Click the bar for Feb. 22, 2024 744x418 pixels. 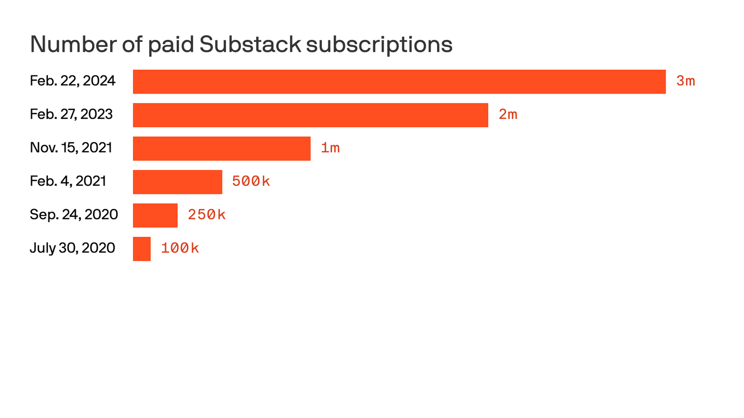point(399,82)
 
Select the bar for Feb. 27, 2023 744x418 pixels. point(310,115)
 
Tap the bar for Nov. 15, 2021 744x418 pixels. point(222,149)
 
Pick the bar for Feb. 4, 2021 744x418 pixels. point(177,182)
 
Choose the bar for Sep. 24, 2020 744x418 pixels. point(155,215)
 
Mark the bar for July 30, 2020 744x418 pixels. point(142,249)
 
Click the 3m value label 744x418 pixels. point(685,81)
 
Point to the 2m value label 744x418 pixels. point(508,115)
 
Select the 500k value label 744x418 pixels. point(251,182)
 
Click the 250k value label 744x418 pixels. point(207,215)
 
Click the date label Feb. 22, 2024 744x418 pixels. point(72,81)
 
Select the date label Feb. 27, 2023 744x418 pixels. point(71,115)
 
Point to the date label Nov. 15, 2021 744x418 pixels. point(71,148)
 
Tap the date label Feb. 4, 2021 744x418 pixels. point(68,181)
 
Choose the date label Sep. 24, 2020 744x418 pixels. point(74,215)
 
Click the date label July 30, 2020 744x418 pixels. point(72,248)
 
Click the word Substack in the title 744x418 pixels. point(250,44)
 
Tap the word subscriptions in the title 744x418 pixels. point(379,45)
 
